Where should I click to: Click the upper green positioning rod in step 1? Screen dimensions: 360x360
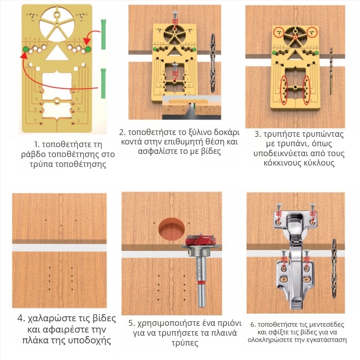(x=103, y=35)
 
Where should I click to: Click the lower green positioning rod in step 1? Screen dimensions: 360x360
(x=103, y=83)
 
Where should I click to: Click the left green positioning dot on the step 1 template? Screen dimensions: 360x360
(x=26, y=49)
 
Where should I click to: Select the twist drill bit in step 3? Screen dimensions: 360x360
(x=331, y=72)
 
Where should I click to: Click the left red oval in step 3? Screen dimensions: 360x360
(x=284, y=90)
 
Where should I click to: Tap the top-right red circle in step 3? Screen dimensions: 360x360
(x=311, y=32)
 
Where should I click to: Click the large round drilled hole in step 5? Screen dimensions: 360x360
(x=171, y=230)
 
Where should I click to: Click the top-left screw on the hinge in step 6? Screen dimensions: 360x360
(x=279, y=209)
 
